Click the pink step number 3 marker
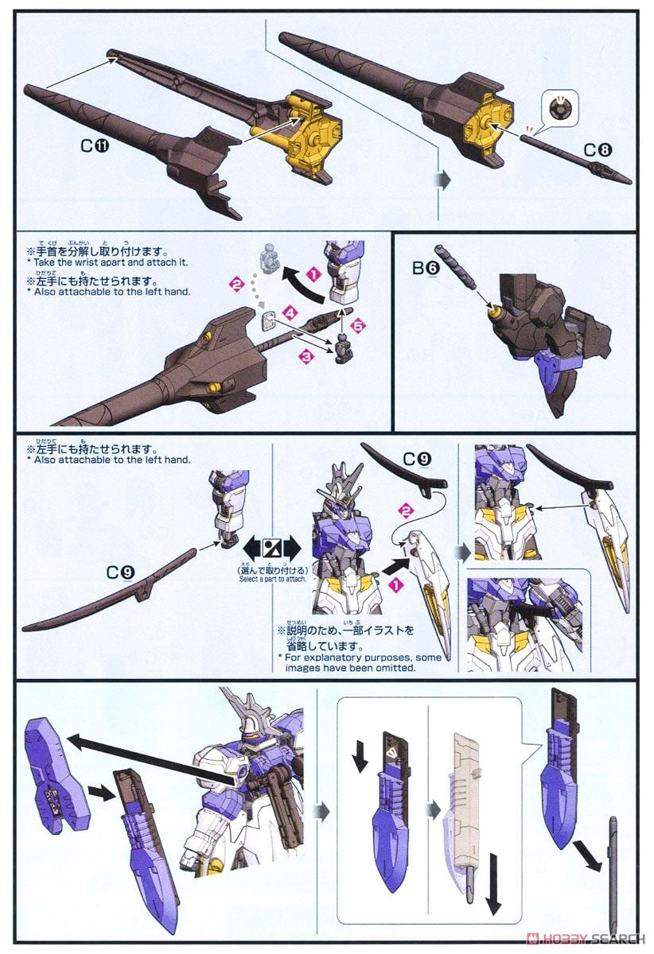[x=306, y=358]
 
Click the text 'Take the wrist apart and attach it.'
[x=107, y=262]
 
